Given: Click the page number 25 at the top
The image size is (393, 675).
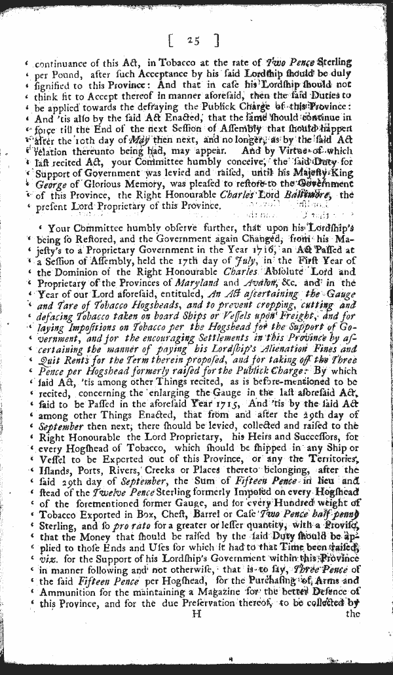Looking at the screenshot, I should click(x=193, y=41).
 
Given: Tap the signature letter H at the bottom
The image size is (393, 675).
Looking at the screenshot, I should click(x=195, y=613).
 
